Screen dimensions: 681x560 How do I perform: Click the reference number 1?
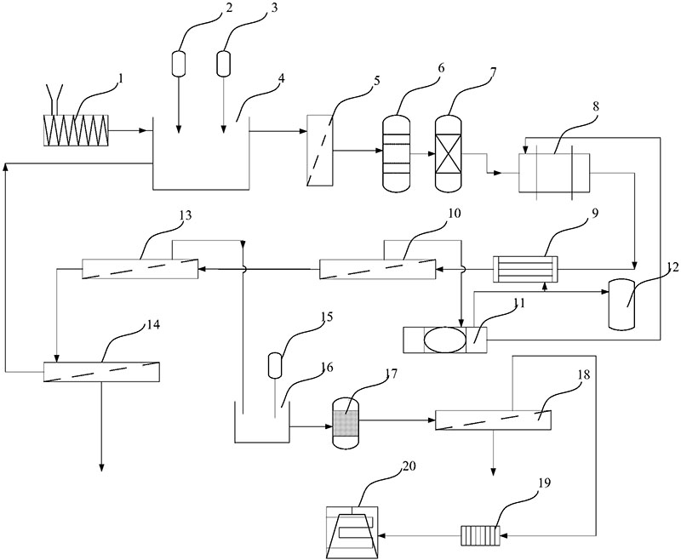point(121,78)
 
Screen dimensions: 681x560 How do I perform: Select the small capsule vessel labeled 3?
point(223,62)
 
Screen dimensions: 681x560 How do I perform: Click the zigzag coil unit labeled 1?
point(76,130)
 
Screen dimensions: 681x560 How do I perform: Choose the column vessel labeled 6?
point(396,152)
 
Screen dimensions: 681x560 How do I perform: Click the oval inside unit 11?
point(444,340)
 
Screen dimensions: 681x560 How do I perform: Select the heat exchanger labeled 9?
point(525,269)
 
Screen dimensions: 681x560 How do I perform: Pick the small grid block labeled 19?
point(480,535)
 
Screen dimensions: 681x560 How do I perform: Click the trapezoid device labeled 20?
point(352,532)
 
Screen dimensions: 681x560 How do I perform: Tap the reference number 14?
point(153,324)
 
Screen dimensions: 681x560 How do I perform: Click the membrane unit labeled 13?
point(140,269)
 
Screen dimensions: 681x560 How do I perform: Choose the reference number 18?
point(584,374)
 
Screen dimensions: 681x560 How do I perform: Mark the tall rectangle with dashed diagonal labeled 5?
point(320,150)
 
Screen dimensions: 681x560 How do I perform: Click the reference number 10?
point(455,214)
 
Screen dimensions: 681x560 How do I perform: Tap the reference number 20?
point(409,466)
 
